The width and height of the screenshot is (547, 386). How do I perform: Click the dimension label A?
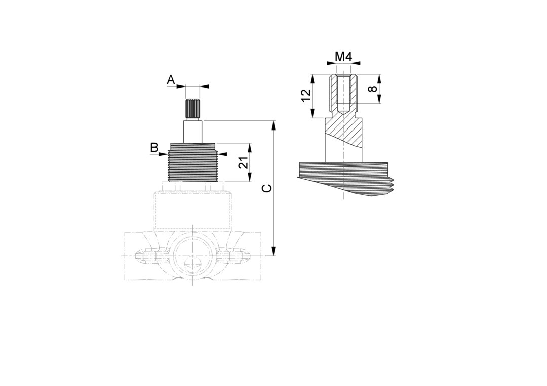171,80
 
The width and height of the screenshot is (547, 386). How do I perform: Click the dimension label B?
154,147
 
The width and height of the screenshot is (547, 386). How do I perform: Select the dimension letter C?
267,189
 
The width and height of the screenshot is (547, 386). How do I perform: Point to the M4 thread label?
343,56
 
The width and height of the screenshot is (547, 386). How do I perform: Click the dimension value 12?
306,95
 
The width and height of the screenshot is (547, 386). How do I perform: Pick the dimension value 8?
373,89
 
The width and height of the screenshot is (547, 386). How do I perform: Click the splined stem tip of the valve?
192,109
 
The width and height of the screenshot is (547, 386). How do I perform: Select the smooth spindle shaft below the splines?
193,132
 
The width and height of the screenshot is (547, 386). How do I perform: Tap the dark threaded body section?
192,162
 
